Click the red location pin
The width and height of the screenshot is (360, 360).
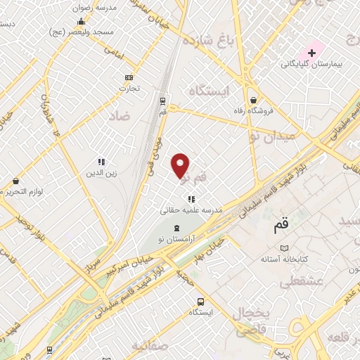click(181, 165)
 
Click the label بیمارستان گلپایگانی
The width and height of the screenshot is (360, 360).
click(311, 64)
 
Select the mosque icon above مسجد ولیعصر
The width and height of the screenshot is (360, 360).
click(81, 21)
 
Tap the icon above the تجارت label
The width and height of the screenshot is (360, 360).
click(129, 77)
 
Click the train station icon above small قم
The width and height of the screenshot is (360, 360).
click(163, 100)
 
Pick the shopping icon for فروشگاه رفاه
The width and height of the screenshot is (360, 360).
click(253, 100)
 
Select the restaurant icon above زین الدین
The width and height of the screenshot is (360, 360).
click(101, 161)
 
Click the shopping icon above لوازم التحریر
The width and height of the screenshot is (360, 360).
click(15, 181)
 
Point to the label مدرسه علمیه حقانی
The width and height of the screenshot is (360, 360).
click(186, 210)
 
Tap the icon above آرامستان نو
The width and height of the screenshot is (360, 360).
click(176, 228)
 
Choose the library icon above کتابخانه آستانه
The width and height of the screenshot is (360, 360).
click(284, 248)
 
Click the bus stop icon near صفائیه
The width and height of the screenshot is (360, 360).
click(201, 300)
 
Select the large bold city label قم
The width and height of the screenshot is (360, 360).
click(281, 226)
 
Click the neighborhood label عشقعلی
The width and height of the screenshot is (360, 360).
click(301, 283)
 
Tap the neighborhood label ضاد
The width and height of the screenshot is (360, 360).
click(120, 115)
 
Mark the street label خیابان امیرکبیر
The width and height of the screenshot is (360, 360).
click(127, 264)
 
